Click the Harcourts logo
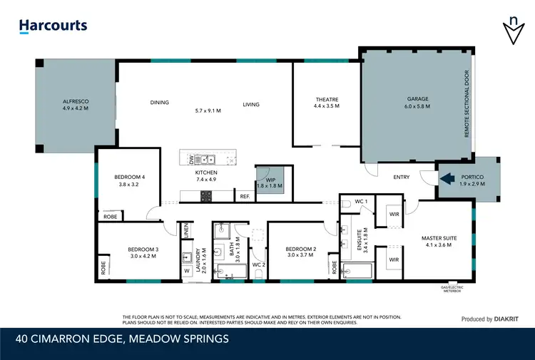[x=53, y=26]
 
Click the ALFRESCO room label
[x=75, y=102]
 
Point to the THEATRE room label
[x=327, y=100]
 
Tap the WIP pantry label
[x=270, y=180]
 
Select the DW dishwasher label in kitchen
[x=192, y=160]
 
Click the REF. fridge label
[x=245, y=197]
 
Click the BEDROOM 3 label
[x=143, y=249]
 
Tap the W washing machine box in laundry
[x=187, y=270]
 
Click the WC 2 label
[x=259, y=264]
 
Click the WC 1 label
[x=362, y=202]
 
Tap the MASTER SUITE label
[x=439, y=237]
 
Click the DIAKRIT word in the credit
[x=509, y=319]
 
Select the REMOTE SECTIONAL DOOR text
[x=467, y=103]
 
